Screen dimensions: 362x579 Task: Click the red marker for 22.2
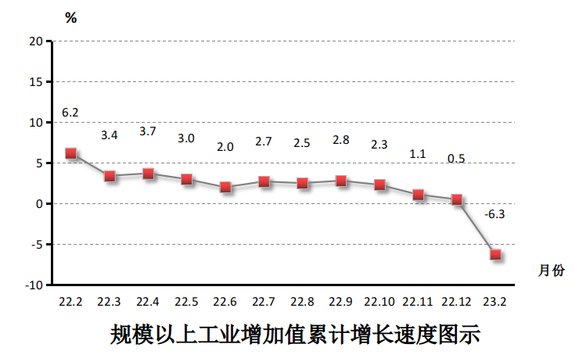tap(70, 153)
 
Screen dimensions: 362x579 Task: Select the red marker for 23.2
tap(495, 254)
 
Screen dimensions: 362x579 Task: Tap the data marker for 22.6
tap(225, 187)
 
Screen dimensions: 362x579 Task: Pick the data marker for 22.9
tap(341, 181)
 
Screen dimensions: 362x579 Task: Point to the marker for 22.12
tap(457, 199)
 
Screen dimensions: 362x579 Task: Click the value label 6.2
tap(70, 113)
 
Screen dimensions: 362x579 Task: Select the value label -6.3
tap(494, 213)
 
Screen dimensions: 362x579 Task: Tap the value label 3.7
tap(147, 131)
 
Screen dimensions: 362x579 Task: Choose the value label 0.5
tap(456, 159)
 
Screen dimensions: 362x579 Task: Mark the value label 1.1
tap(418, 153)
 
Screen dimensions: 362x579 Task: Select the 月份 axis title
tap(551, 271)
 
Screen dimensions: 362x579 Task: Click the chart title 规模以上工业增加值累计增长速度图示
tap(294, 335)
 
